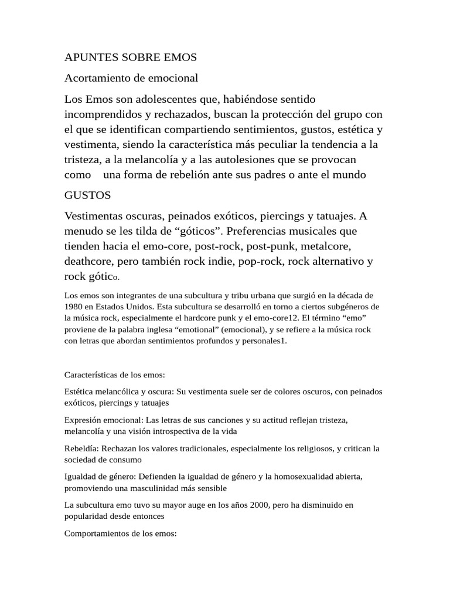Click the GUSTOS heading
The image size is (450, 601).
[x=87, y=195]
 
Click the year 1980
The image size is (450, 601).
[x=73, y=306]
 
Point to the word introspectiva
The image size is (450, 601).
[x=180, y=431]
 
